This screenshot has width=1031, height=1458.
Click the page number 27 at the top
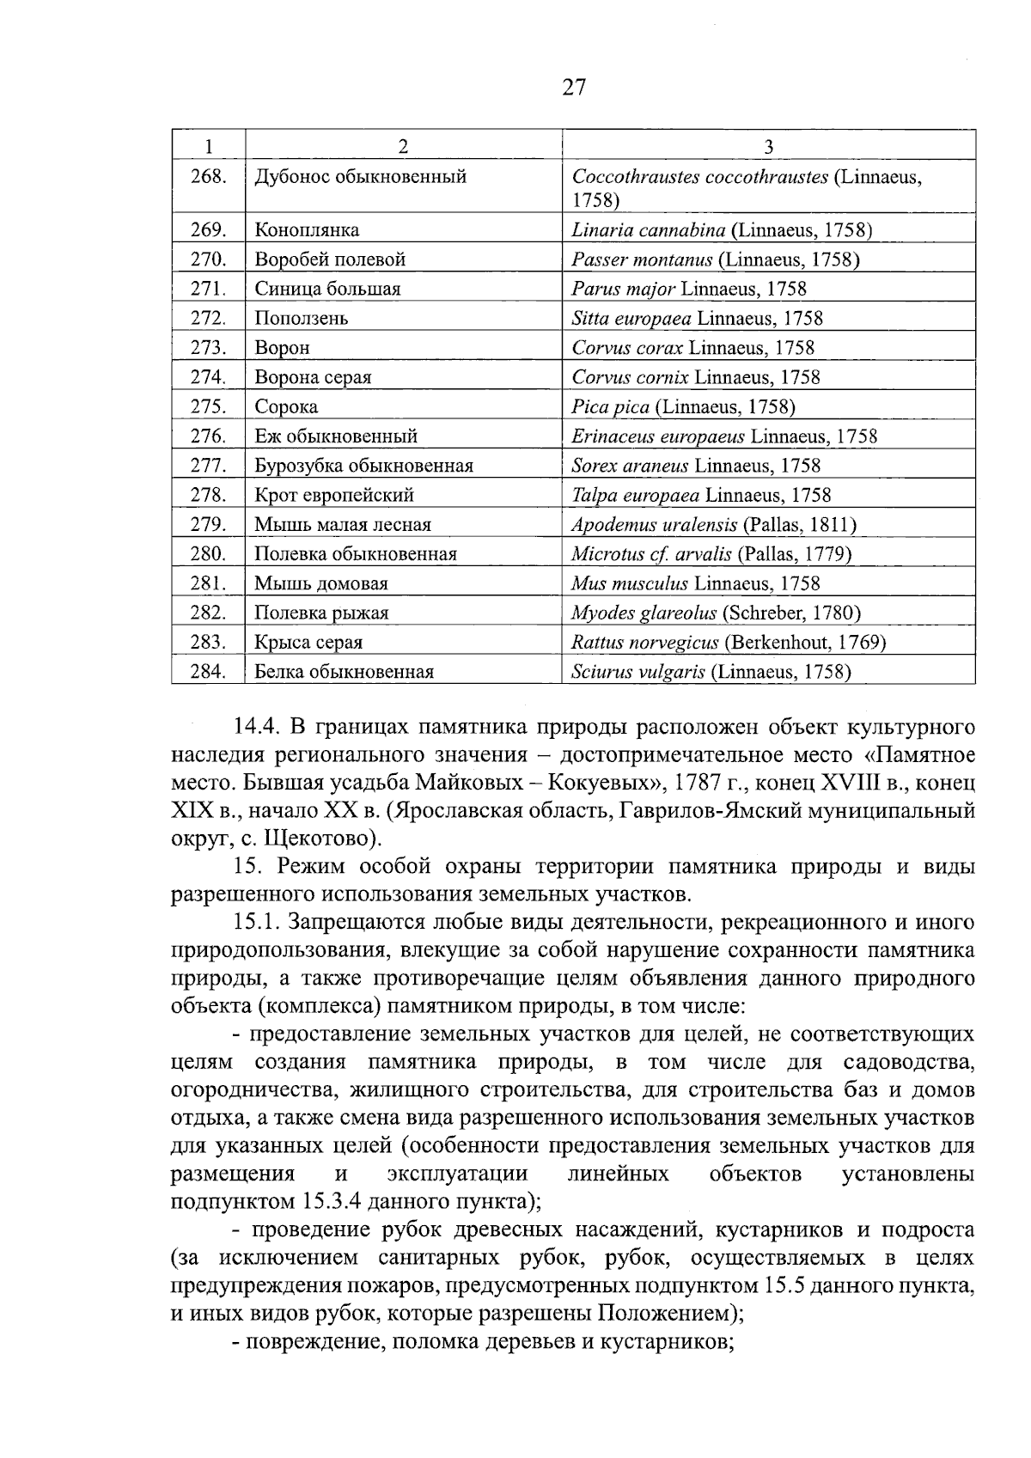[574, 87]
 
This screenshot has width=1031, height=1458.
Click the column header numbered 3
[768, 146]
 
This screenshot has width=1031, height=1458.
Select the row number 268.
[208, 177]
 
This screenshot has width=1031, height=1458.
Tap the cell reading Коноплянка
[307, 230]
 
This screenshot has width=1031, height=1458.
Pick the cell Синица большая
[327, 289]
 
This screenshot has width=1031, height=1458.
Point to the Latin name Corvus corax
[627, 348]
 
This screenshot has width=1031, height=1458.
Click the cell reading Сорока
[286, 406]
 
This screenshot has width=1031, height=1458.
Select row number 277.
[208, 466]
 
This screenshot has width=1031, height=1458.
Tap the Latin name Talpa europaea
[635, 495]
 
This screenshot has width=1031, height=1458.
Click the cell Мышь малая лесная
[343, 524]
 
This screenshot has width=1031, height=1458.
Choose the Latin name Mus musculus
[630, 583]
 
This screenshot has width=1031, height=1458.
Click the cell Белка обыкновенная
[344, 672]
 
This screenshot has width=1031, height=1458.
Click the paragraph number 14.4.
[253, 728]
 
